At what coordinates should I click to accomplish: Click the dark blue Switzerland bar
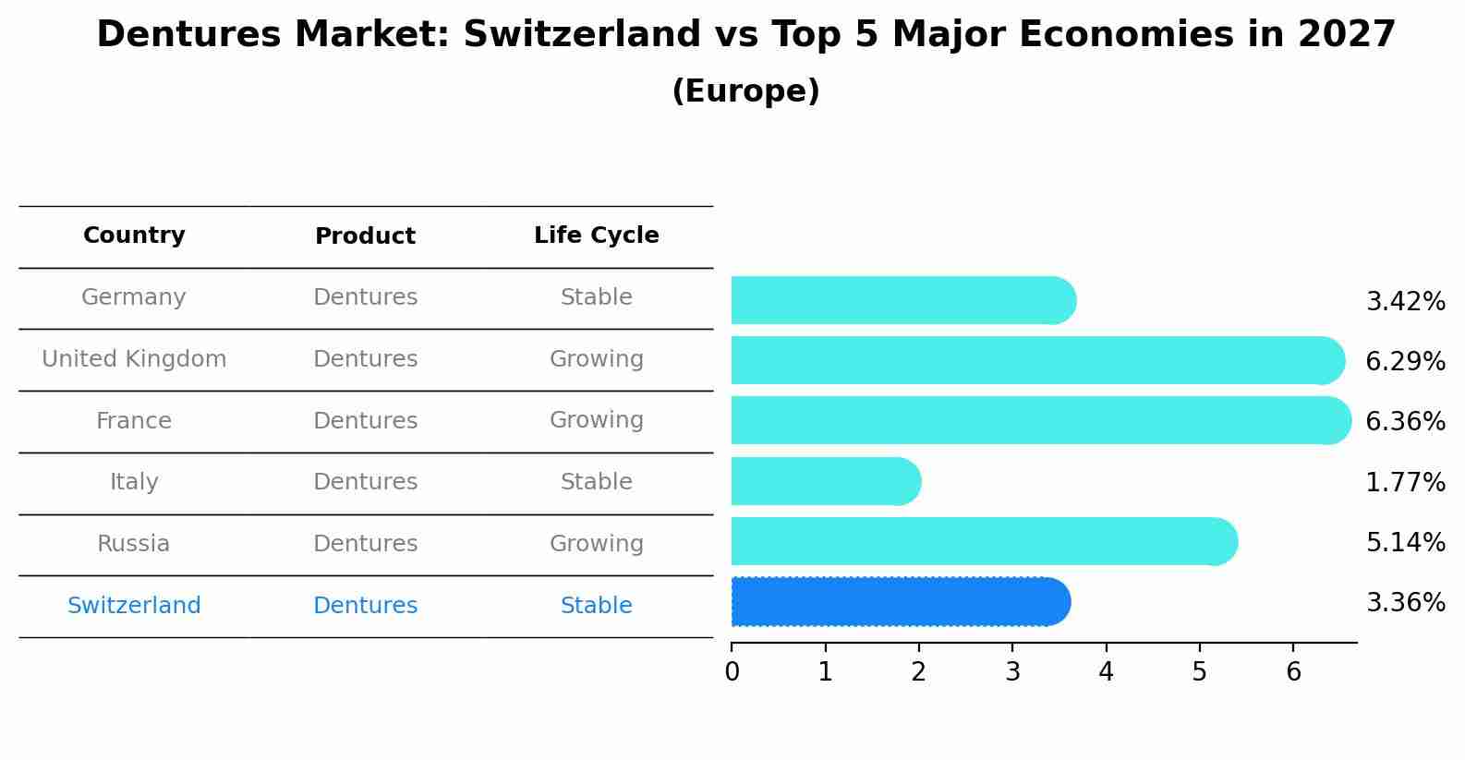pyautogui.click(x=901, y=602)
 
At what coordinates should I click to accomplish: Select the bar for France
pyautogui.click(x=1040, y=420)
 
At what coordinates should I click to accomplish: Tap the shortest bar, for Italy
pyautogui.click(x=826, y=481)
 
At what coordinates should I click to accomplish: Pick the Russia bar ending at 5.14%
pyautogui.click(x=984, y=541)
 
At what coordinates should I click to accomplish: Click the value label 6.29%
pyautogui.click(x=1405, y=361)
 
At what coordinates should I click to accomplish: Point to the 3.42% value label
pyautogui.click(x=1405, y=301)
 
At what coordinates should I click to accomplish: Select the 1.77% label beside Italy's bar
pyautogui.click(x=1405, y=482)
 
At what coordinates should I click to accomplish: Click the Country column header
pyautogui.click(x=134, y=235)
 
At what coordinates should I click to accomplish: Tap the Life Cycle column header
pyautogui.click(x=597, y=235)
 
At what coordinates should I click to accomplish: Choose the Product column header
pyautogui.click(x=365, y=236)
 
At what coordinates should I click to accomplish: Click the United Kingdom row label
pyautogui.click(x=134, y=359)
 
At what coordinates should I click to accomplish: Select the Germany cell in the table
pyautogui.click(x=134, y=297)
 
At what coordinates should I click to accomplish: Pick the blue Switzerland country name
pyautogui.click(x=134, y=606)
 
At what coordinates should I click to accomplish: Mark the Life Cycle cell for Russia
pyautogui.click(x=597, y=544)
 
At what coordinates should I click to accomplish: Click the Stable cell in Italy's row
pyautogui.click(x=597, y=482)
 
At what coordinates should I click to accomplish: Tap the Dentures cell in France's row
pyautogui.click(x=365, y=421)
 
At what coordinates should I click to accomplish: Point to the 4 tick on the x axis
pyautogui.click(x=1106, y=671)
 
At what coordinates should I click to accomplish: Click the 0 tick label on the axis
pyautogui.click(x=732, y=671)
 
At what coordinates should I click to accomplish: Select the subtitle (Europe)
pyautogui.click(x=745, y=91)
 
